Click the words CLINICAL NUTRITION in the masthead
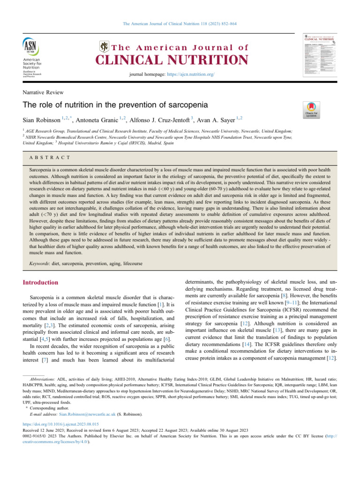click(x=172, y=60)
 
